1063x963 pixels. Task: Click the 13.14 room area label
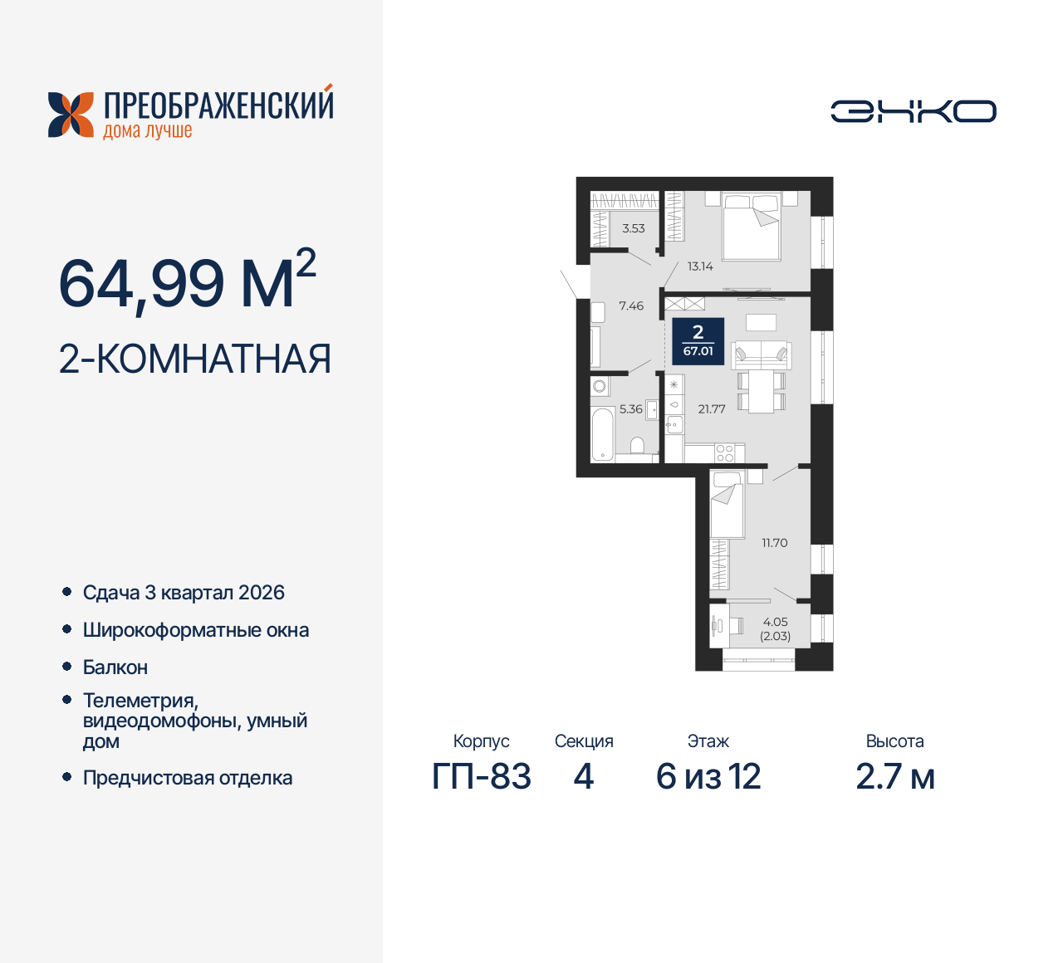coord(700,266)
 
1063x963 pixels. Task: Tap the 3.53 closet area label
coord(634,228)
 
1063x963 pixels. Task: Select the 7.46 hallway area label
coord(631,306)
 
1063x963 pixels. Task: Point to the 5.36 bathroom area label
coord(630,409)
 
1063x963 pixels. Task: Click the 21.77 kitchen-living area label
coord(712,409)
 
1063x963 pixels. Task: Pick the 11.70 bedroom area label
coord(775,543)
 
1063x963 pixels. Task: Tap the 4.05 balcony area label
coord(775,622)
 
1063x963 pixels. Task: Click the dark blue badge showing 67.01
coord(698,341)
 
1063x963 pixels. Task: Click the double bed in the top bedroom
coord(752,226)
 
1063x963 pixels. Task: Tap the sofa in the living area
coord(761,354)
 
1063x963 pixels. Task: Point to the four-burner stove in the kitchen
coord(725,453)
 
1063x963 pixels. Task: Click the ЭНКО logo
coord(914,111)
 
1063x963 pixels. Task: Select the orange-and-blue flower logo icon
coord(71,115)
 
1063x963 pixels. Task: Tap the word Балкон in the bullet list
coord(115,667)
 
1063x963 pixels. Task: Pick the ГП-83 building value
coord(482,777)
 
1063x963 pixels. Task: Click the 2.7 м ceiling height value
coord(895,777)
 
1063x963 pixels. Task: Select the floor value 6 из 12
coord(708,777)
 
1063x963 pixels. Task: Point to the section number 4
coord(584,777)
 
